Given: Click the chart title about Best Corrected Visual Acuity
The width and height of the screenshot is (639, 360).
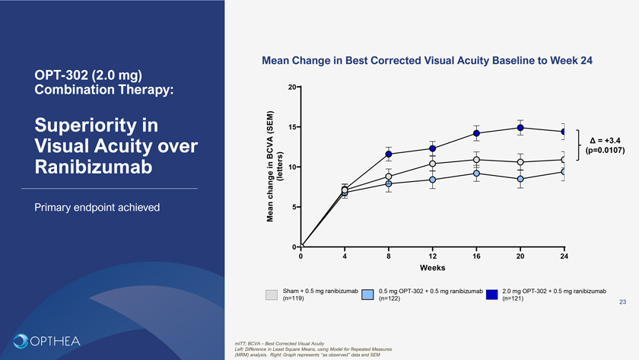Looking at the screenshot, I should coord(427,60).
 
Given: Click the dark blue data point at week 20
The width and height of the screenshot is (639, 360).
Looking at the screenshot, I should coord(520,127).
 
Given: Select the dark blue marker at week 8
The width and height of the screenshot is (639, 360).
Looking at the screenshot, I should coord(389,154).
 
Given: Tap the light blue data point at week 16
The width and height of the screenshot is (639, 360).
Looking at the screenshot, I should coord(476,174).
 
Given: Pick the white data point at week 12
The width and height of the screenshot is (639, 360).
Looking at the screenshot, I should coord(432,164).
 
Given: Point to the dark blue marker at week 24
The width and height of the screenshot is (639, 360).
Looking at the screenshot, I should coord(564,131).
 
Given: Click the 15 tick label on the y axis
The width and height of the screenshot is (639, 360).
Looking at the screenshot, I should coord(292,127).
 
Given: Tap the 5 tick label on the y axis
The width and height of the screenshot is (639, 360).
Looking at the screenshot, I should coord(294,207).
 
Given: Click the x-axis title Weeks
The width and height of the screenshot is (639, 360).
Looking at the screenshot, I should coord(432,268).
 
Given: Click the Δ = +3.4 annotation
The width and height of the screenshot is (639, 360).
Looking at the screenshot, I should coord(606,140).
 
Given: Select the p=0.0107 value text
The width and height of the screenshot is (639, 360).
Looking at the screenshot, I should coord(606,151).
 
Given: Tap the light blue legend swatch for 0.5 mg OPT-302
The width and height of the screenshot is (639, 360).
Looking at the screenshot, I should coord(367,295).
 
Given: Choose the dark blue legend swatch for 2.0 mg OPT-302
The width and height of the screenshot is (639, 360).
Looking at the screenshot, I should coord(491,295).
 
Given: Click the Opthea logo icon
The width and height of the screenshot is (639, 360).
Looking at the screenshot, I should coord(21,340).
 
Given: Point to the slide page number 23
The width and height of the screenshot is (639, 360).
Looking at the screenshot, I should coord(622,303).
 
